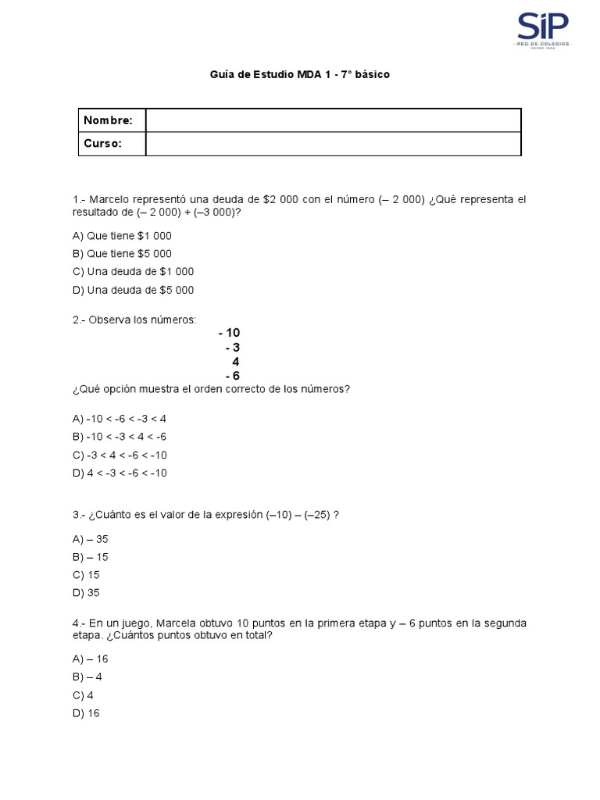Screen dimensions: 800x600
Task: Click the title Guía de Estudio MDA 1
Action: [300, 75]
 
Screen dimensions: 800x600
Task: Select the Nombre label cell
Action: [112, 120]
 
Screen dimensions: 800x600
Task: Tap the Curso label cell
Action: [112, 144]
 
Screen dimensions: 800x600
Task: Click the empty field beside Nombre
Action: [333, 120]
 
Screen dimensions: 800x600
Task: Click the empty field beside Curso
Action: [333, 144]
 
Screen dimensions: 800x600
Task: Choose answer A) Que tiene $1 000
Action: [122, 236]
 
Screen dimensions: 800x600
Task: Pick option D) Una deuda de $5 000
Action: [133, 290]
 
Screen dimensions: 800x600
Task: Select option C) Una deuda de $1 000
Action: [133, 272]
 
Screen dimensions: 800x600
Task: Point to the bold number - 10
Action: [229, 333]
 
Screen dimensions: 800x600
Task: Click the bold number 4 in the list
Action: [236, 362]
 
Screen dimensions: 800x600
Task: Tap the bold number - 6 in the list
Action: [232, 376]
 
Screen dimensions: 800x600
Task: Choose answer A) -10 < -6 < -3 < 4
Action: [120, 419]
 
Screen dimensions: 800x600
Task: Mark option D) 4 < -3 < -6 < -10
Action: [120, 473]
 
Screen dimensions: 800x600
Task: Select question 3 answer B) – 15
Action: [90, 557]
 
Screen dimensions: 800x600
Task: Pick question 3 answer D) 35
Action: [86, 593]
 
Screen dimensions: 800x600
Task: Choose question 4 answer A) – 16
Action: [90, 659]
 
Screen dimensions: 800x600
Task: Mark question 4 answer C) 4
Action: [83, 695]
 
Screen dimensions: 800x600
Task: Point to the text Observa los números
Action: [143, 320]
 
